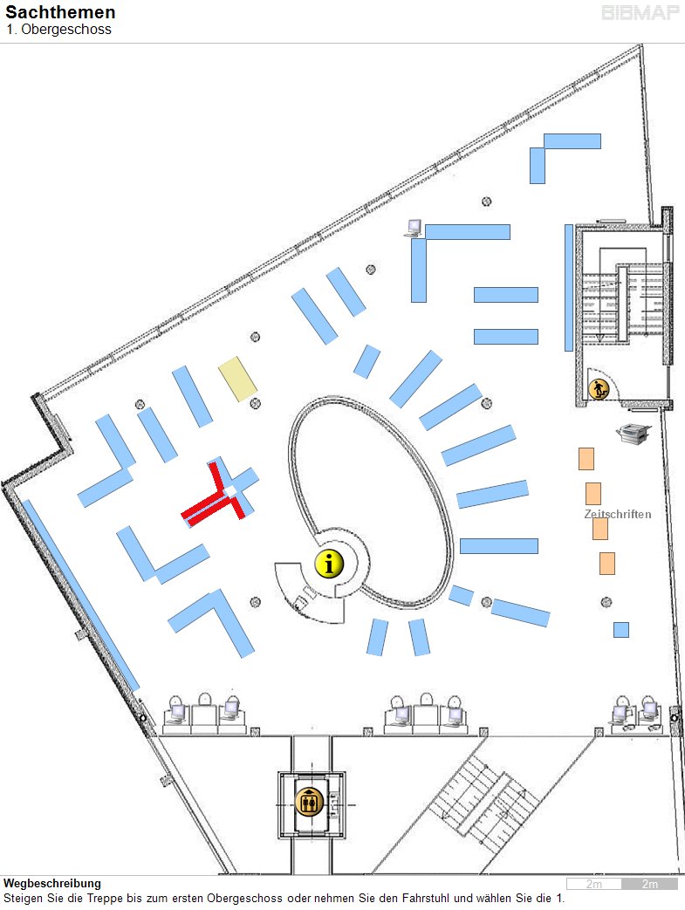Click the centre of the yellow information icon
click(x=329, y=563)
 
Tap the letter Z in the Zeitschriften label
click(x=588, y=514)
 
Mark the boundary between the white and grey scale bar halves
click(x=621, y=884)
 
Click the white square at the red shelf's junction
click(x=230, y=491)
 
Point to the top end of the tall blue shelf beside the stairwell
click(x=569, y=225)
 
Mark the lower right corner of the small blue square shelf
click(x=628, y=637)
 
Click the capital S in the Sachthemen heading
click(x=11, y=12)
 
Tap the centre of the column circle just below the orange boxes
click(x=606, y=602)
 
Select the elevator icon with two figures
click(x=309, y=803)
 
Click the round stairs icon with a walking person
click(x=599, y=388)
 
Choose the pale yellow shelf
click(x=237, y=379)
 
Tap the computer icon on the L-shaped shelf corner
click(x=414, y=228)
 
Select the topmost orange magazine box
click(x=586, y=458)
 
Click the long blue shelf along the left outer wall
click(x=80, y=595)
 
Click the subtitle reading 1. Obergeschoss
click(x=58, y=30)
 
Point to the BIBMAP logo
click(x=640, y=13)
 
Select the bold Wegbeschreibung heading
click(x=52, y=883)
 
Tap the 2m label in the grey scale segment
click(x=650, y=884)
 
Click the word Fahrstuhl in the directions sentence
click(x=427, y=898)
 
